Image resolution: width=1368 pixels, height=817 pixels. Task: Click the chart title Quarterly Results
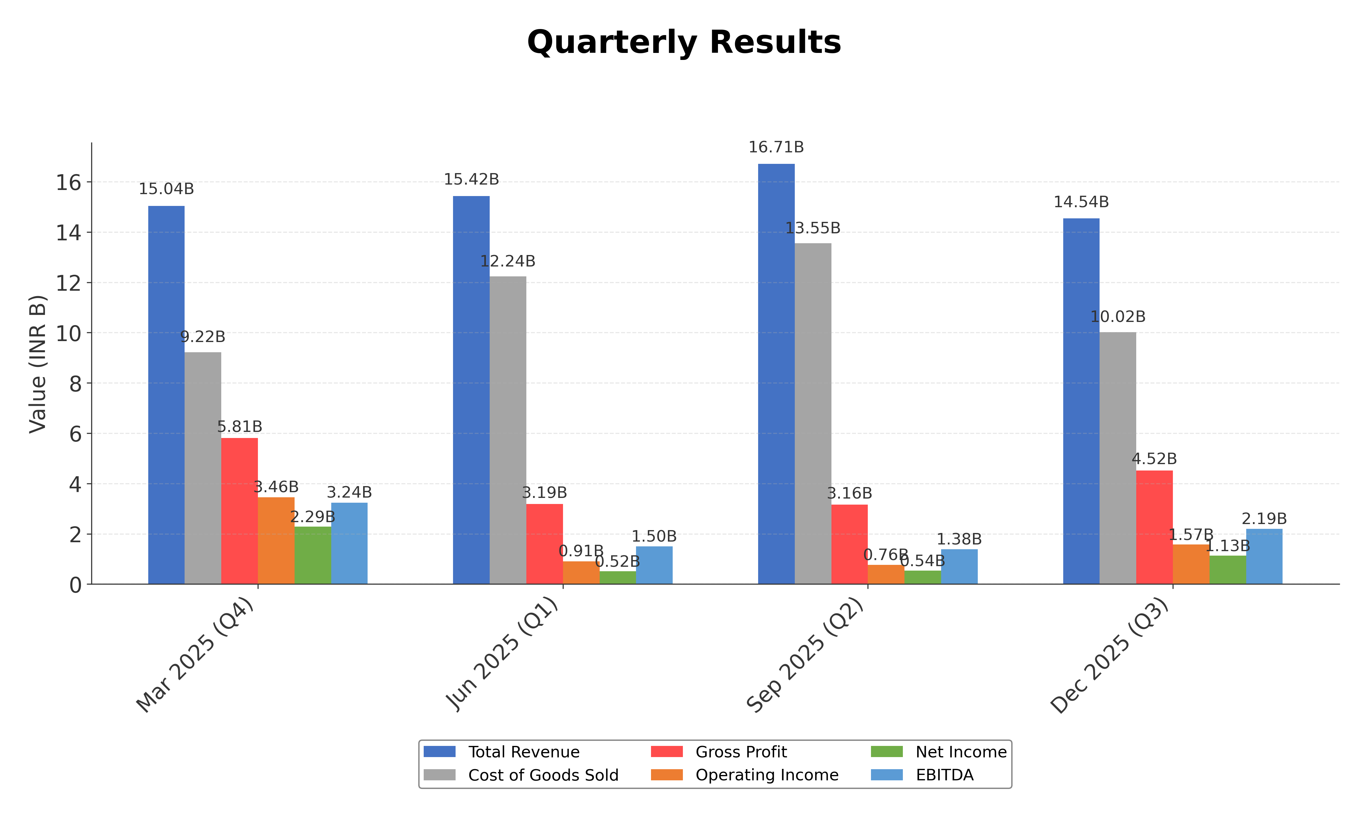tap(684, 42)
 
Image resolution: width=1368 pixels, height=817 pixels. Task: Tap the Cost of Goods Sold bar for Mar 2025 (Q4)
tap(202, 468)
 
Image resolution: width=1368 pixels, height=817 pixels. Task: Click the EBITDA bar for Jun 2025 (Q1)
tap(654, 565)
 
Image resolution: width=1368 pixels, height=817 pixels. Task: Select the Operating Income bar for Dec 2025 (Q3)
tap(1191, 564)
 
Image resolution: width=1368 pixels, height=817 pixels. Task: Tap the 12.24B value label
tap(508, 261)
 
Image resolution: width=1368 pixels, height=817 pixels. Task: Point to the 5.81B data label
tap(239, 427)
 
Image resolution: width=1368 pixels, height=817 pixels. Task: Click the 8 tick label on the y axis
tap(76, 384)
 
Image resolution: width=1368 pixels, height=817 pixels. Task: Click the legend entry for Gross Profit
tap(740, 752)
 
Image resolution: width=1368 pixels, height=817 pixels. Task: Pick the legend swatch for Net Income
tap(886, 752)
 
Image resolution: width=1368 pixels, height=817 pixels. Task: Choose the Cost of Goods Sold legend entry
tap(543, 775)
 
